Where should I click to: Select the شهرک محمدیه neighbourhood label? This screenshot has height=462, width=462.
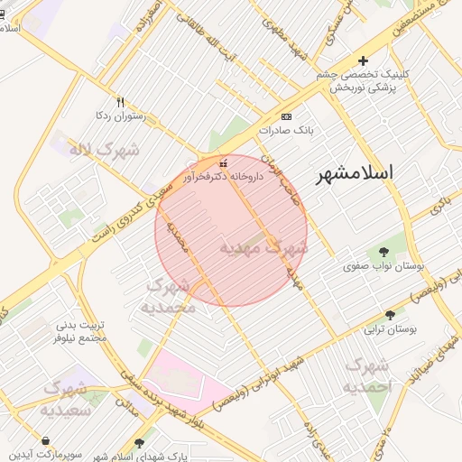coord(169,296)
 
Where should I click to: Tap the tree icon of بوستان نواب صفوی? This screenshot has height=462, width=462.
coord(385,252)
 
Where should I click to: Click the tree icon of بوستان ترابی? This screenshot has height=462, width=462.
coord(390,315)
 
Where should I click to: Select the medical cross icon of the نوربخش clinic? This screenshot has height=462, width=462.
coord(363,61)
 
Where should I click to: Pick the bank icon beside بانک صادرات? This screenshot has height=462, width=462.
coord(286,117)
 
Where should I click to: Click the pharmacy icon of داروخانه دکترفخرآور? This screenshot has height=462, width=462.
coord(223,164)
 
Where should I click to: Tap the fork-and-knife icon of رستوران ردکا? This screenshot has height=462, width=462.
coord(120,102)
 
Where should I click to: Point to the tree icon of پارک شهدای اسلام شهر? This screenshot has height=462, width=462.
coord(138,443)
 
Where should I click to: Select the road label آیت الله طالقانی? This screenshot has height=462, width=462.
coord(217,45)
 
